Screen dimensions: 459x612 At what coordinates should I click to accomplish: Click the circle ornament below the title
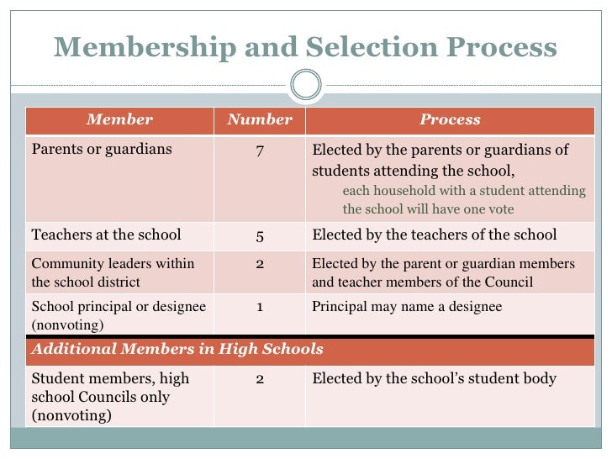point(306,84)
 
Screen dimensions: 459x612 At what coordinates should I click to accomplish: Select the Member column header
point(119,119)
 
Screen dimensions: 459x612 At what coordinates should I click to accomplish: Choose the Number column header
point(260,119)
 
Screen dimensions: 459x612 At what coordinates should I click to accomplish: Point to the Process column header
point(450,119)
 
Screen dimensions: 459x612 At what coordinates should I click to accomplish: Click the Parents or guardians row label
point(101,150)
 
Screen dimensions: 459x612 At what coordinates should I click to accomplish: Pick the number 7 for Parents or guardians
point(260,150)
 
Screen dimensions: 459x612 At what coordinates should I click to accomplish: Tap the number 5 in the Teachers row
point(260,235)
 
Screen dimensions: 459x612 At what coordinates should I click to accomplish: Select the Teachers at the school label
point(106,235)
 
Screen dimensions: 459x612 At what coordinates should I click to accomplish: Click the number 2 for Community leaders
point(260,264)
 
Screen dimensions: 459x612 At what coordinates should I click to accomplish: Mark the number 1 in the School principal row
point(260,307)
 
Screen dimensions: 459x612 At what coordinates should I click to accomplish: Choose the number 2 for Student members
point(260,379)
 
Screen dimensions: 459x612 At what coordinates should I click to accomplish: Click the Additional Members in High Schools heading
point(177,349)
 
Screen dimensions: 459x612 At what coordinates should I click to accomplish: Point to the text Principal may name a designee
point(407,307)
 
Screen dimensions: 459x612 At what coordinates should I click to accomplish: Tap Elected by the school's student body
point(434,378)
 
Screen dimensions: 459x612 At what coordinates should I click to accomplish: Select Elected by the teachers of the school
point(434,235)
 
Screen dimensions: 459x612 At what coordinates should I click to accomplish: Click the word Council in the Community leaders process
point(510,282)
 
